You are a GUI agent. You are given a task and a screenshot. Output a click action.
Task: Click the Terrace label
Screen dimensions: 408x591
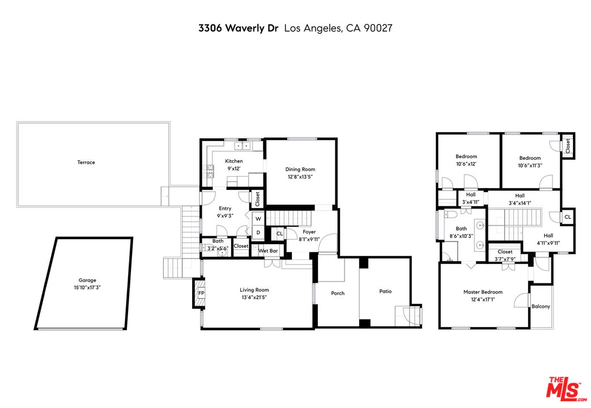click(x=86, y=163)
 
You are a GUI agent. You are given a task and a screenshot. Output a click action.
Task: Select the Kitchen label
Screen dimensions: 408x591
click(x=234, y=161)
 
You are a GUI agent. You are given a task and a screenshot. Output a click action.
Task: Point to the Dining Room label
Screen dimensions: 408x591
click(x=300, y=169)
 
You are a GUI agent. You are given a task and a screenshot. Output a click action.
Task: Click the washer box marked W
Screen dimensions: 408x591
click(x=258, y=219)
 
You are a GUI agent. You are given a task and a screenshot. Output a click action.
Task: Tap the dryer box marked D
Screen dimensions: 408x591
click(x=258, y=232)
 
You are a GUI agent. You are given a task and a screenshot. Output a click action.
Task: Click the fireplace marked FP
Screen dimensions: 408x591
click(x=199, y=293)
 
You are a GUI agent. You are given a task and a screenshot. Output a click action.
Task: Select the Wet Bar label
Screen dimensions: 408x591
click(x=268, y=250)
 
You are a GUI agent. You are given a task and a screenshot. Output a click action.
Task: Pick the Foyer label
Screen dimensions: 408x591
click(x=309, y=232)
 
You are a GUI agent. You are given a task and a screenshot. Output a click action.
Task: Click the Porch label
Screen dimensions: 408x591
click(x=338, y=293)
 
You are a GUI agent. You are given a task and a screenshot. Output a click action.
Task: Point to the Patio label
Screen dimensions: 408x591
click(x=385, y=291)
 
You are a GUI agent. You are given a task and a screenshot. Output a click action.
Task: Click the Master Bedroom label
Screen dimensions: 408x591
click(x=483, y=292)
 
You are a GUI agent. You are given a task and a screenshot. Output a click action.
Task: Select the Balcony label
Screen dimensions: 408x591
click(x=541, y=307)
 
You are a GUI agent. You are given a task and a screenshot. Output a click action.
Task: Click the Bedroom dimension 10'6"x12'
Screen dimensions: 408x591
click(x=466, y=164)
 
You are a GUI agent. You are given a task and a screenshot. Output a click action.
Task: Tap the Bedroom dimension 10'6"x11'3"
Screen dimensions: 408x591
click(x=530, y=165)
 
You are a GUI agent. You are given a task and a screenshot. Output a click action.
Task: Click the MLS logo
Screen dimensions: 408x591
click(x=564, y=388)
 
